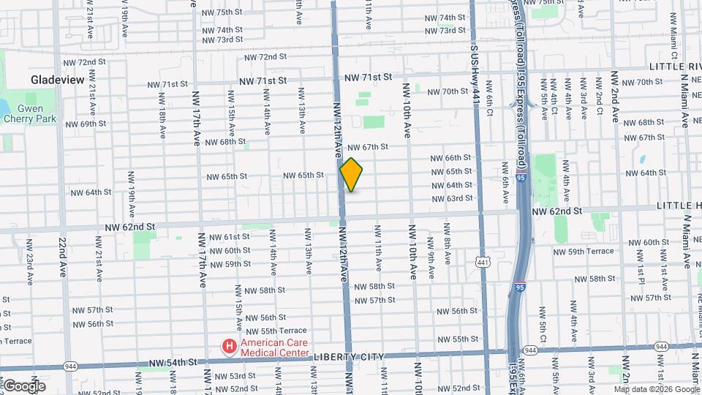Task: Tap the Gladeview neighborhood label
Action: tap(58, 79)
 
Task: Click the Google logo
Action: tap(24, 385)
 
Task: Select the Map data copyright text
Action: tap(652, 389)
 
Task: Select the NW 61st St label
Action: tap(229, 237)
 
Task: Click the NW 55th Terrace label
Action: tap(276, 331)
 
